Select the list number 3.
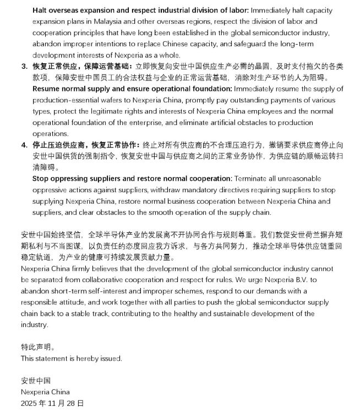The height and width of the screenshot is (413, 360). pos(24,66)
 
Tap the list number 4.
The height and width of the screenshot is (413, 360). pos(24,145)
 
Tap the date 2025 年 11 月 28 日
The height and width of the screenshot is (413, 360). pos(52,403)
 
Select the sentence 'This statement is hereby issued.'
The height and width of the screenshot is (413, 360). pos(71,358)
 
